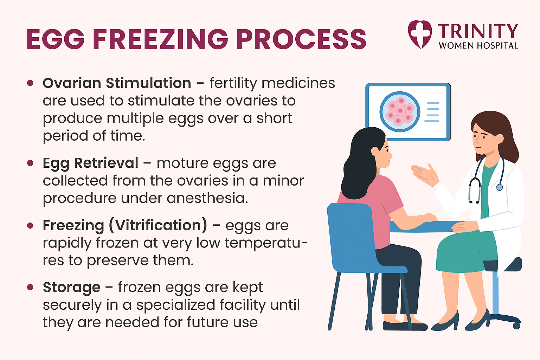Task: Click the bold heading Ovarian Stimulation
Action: point(117,83)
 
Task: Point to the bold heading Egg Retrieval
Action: point(91,163)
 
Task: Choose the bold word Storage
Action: point(72,288)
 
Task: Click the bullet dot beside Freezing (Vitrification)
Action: point(30,226)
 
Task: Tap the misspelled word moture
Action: point(182,163)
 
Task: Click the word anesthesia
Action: point(207,198)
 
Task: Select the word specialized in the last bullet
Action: point(176,305)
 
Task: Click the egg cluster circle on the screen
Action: point(400,112)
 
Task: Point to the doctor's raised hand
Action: point(425,174)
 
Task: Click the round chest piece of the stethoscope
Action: point(500,187)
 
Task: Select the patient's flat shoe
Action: point(405,326)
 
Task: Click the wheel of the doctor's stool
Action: point(516,326)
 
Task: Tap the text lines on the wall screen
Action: point(432,112)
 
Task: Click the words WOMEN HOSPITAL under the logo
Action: point(478,46)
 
